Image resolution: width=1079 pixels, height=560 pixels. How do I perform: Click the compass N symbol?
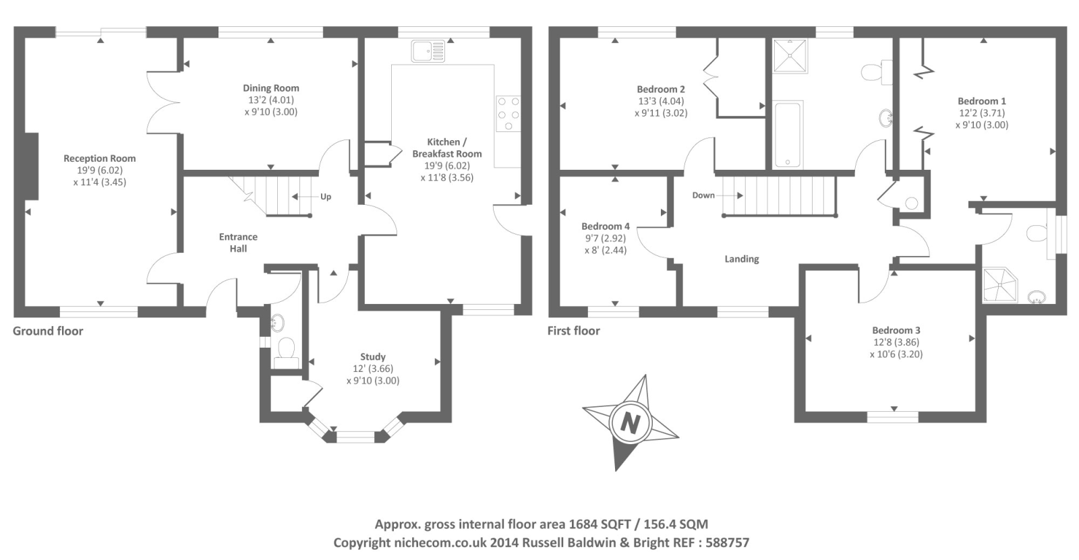[630, 423]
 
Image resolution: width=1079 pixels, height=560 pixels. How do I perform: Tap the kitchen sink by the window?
[428, 51]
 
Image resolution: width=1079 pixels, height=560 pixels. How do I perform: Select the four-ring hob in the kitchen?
[508, 113]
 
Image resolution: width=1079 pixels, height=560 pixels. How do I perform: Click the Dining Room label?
[271, 88]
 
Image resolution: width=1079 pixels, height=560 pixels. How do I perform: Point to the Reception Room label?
[100, 158]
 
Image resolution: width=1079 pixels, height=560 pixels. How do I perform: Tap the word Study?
[373, 356]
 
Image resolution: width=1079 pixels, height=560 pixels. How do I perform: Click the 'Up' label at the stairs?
[326, 197]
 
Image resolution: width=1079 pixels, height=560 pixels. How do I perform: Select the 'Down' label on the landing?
[703, 195]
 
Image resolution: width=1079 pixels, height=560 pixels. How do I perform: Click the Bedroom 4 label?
[606, 226]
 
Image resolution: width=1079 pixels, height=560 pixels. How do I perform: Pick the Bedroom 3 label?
[896, 330]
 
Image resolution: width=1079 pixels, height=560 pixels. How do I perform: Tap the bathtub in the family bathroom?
[787, 134]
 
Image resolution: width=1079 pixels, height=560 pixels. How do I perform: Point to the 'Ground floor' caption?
[48, 331]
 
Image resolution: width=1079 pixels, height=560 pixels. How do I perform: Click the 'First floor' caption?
[573, 331]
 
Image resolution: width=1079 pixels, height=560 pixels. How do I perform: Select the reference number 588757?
[727, 542]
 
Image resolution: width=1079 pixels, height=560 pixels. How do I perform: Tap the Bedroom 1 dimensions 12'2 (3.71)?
[982, 113]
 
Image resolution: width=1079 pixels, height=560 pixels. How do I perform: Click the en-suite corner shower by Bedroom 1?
[999, 284]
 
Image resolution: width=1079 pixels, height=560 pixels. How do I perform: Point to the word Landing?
[742, 259]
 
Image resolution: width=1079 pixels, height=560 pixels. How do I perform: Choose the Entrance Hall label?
[238, 243]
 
